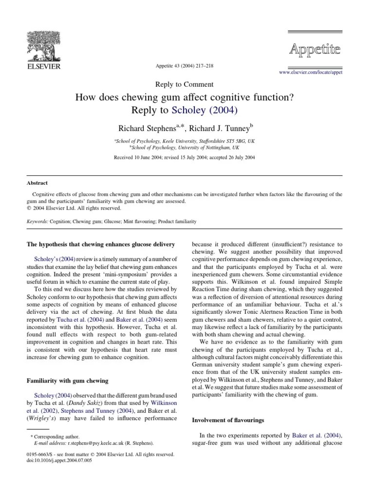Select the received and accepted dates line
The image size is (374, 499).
click(184, 158)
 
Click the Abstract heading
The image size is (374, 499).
click(37, 183)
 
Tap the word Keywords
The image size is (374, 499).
click(37, 221)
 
